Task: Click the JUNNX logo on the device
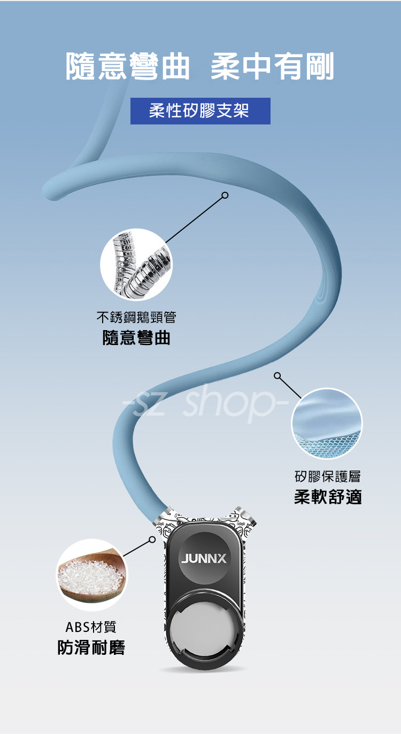tap(204, 559)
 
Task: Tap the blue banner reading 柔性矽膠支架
tap(200, 111)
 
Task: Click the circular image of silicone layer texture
tap(327, 424)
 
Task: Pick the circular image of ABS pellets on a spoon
tap(92, 575)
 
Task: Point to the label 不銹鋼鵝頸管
tap(136, 318)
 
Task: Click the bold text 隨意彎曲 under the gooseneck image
tap(136, 338)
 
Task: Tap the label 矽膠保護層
tap(328, 476)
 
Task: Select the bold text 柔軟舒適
tap(328, 497)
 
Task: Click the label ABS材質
tap(90, 627)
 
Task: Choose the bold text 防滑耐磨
tap(91, 648)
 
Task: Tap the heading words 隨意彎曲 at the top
tap(128, 67)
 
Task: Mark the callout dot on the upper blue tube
tap(225, 195)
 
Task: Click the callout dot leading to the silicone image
tap(277, 376)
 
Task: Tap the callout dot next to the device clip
tap(152, 539)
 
